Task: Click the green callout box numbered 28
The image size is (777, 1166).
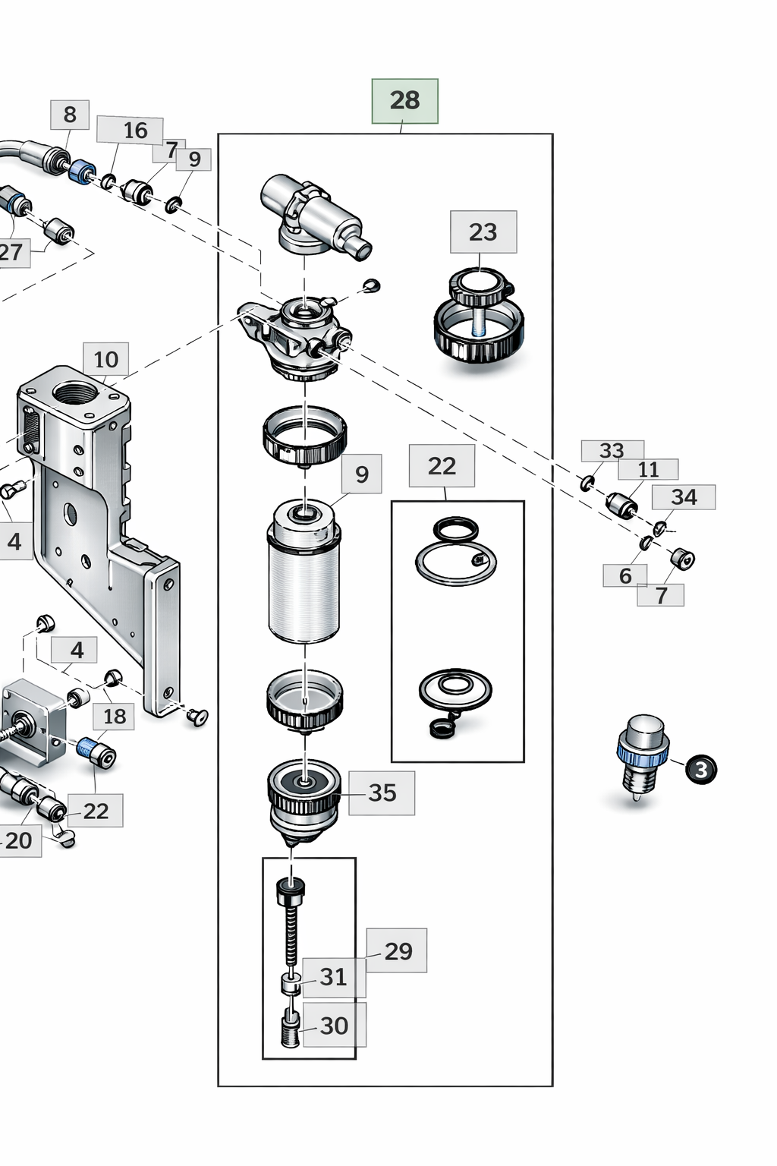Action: (x=404, y=101)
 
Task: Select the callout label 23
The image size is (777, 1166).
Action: (x=483, y=232)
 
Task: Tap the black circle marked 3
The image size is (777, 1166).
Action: (x=701, y=769)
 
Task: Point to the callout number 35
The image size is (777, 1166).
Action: (x=382, y=793)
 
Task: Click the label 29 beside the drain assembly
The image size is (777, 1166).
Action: (x=398, y=950)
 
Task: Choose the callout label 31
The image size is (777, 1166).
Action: (x=333, y=977)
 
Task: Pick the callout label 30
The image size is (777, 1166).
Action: (x=334, y=1026)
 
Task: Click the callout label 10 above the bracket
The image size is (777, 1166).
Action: (x=106, y=359)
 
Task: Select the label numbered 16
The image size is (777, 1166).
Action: (x=135, y=131)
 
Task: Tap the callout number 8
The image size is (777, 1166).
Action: (x=70, y=115)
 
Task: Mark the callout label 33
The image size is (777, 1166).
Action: (x=612, y=451)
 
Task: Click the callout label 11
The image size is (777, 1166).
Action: (x=648, y=470)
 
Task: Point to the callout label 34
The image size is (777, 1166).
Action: (x=684, y=497)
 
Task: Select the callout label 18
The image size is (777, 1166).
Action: (x=115, y=716)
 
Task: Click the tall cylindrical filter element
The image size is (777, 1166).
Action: (x=304, y=577)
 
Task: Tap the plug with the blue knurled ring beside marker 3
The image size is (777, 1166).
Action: (x=642, y=755)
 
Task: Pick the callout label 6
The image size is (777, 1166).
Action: (x=625, y=576)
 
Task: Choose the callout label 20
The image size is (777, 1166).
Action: (x=19, y=840)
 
